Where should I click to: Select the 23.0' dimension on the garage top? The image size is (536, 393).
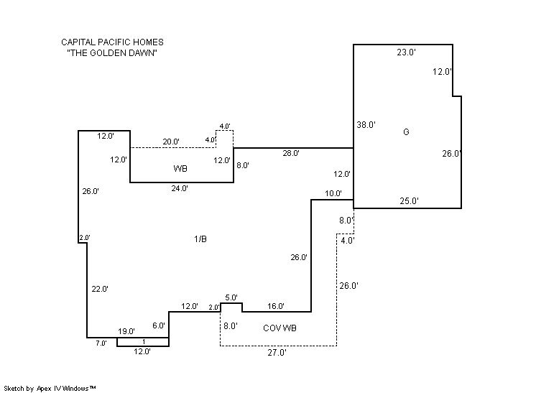407,52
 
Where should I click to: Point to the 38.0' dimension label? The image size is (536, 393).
366,125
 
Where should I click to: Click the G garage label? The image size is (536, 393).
406,132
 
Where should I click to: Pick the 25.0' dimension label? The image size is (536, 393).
409,201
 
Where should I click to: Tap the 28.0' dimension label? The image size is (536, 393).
290,153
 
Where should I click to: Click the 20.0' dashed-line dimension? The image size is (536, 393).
171,142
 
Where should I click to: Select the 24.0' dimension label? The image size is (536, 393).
180,188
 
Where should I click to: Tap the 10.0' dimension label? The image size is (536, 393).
333,193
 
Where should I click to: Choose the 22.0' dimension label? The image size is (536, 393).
100,289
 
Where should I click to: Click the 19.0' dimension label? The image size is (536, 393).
126,331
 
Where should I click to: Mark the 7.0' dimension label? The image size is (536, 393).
101,343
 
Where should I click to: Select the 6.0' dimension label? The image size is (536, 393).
159,325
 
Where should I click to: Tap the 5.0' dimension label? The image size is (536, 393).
231,297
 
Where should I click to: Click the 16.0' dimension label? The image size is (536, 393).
276,306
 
